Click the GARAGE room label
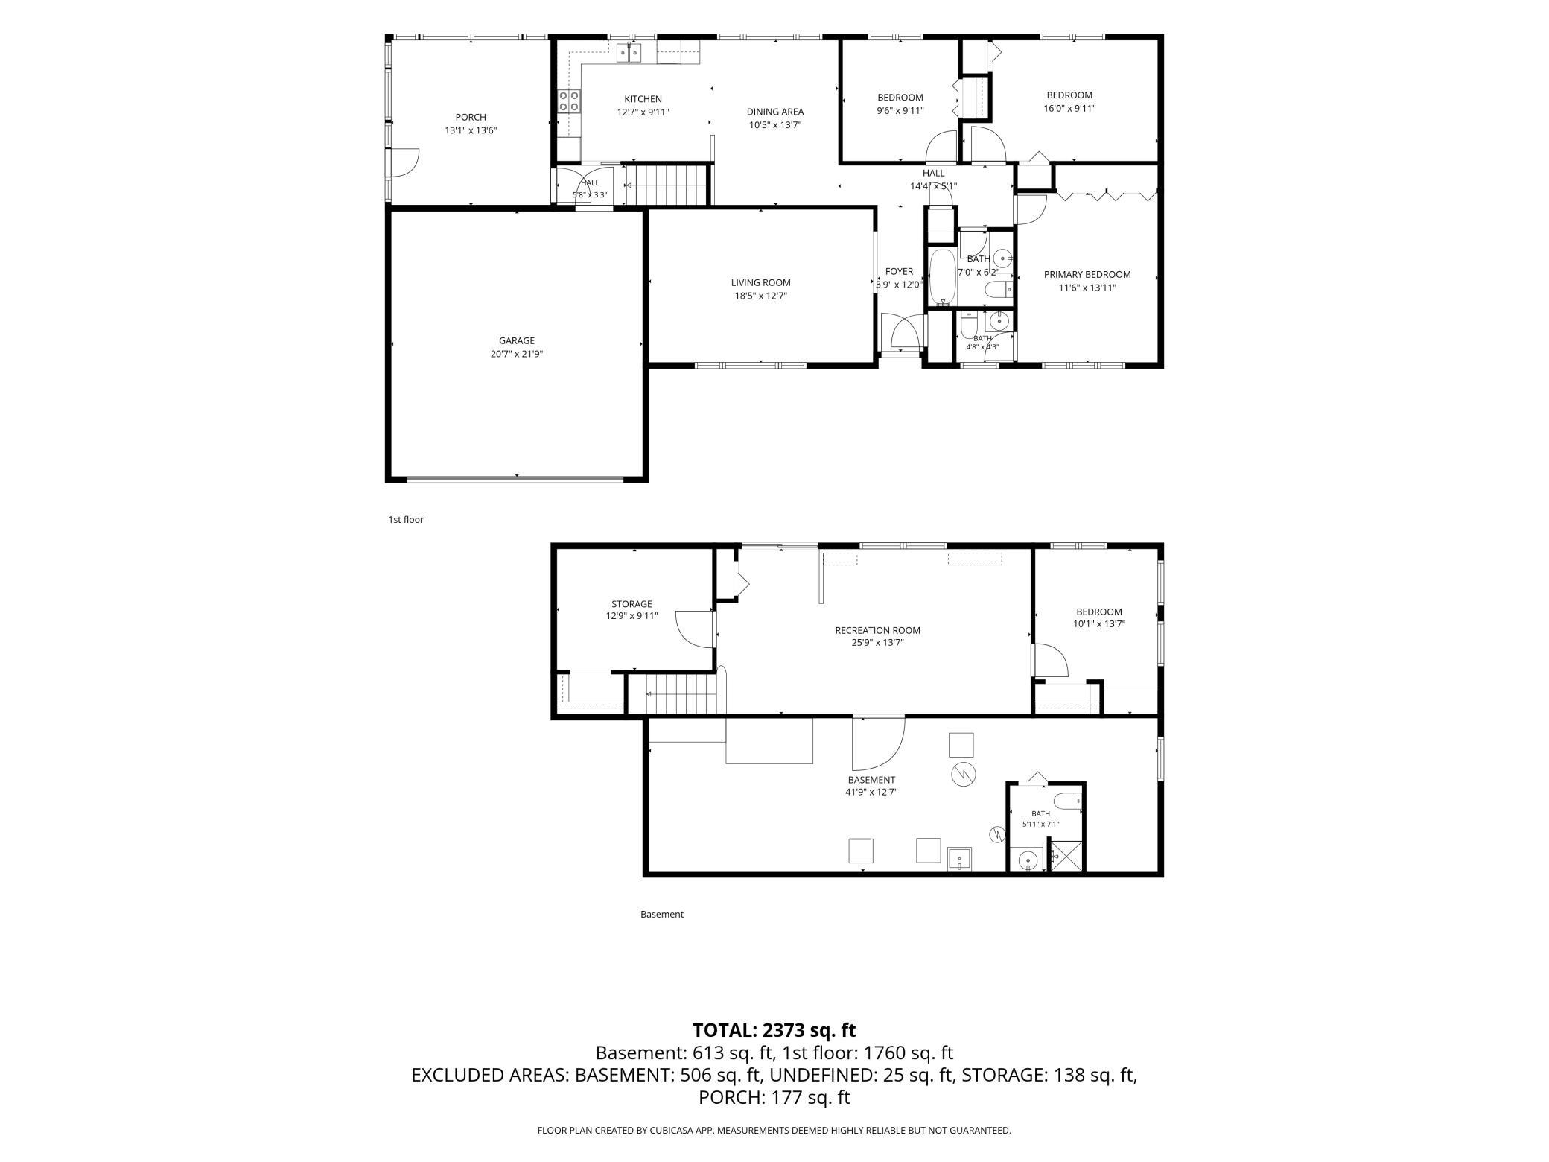[x=517, y=341]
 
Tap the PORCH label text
[x=471, y=117]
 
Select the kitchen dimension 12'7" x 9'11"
[x=643, y=112]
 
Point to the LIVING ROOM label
[x=760, y=282]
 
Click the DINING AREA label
[x=775, y=112]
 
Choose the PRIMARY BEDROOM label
[x=1087, y=274]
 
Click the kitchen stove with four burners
[x=570, y=101]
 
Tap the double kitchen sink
[x=629, y=51]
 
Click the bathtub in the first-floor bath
[x=942, y=277]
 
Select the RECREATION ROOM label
[x=877, y=630]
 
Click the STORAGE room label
[x=632, y=604]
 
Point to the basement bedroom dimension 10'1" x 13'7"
[x=1098, y=624]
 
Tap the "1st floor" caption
[x=406, y=519]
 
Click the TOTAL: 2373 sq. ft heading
[x=774, y=1030]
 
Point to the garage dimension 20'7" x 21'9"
[x=517, y=355]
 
